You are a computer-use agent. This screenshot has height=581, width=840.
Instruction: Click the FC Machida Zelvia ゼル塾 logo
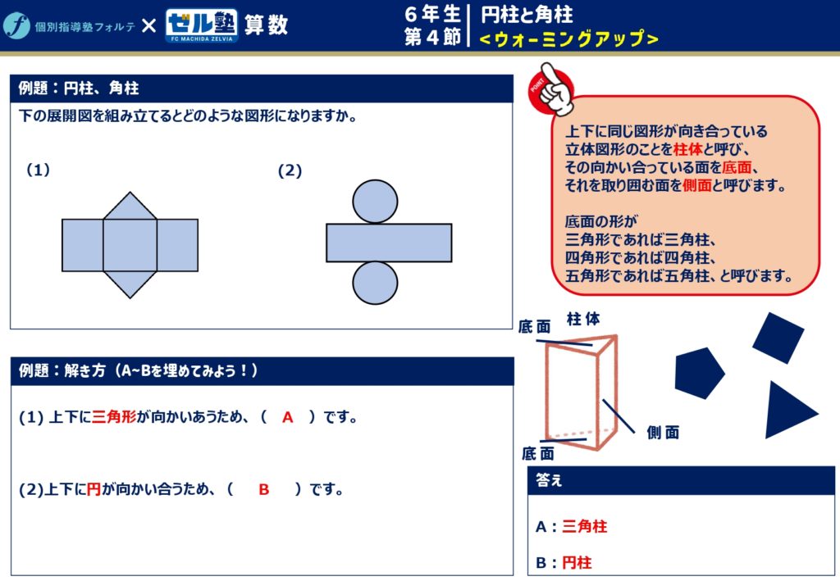tap(202, 25)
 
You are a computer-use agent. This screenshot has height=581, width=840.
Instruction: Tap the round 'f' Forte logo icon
tap(16, 25)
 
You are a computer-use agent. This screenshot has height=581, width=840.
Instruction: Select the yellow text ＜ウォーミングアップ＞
tap(568, 39)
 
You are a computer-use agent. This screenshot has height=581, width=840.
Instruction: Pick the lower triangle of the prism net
tap(130, 284)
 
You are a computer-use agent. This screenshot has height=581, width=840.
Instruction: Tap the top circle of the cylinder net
tap(375, 201)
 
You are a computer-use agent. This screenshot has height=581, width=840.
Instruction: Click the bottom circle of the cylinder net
tap(375, 283)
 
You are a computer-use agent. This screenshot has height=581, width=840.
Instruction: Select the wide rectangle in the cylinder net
tap(389, 243)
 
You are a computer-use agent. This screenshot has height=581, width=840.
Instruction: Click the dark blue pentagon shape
tap(699, 373)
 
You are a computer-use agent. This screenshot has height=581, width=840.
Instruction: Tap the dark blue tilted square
tap(778, 338)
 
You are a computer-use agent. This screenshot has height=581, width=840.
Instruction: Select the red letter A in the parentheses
tap(288, 417)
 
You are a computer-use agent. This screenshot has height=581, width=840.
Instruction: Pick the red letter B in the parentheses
tap(263, 489)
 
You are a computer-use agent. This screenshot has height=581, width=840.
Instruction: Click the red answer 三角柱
tap(584, 526)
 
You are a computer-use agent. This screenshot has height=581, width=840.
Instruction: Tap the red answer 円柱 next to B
tap(577, 563)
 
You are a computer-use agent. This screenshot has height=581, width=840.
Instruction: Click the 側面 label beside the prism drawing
tap(663, 433)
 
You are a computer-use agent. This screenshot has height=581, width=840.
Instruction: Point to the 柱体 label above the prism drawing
tap(583, 319)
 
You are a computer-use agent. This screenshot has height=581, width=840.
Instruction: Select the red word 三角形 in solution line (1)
tap(114, 417)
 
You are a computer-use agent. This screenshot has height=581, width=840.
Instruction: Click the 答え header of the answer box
tap(549, 480)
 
